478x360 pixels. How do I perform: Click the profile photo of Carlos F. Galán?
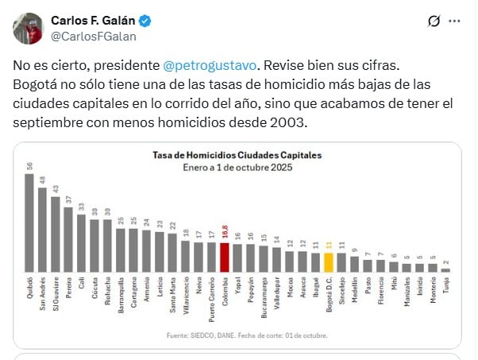[x=27, y=28]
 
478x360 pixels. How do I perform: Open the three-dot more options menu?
[x=453, y=21]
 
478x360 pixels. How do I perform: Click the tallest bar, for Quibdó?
[x=29, y=222]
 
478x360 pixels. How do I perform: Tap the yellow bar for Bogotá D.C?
[x=328, y=262]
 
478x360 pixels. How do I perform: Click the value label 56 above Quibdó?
[x=29, y=165]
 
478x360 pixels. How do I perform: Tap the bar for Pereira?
[x=68, y=239]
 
